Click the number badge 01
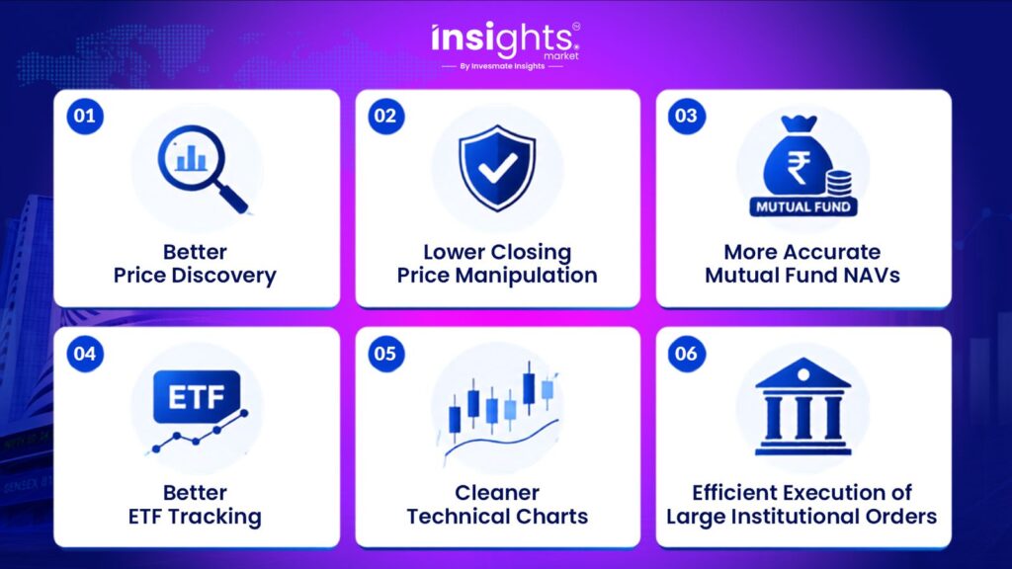tap(85, 117)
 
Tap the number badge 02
tap(386, 117)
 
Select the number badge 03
tap(686, 117)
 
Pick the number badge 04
tap(85, 354)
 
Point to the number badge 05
tap(386, 354)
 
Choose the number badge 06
tap(686, 354)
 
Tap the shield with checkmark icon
tap(497, 168)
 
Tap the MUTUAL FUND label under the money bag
tap(803, 207)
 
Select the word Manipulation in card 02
tap(526, 277)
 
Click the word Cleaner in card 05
tap(497, 493)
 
